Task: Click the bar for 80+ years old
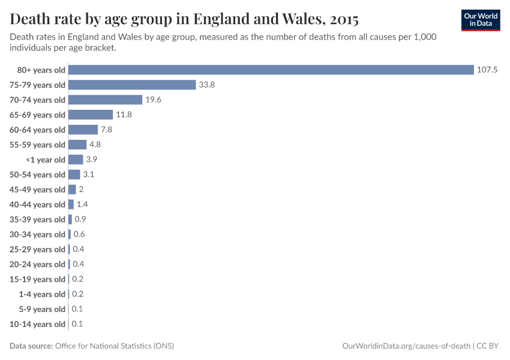point(271,70)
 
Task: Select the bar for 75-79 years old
point(133,85)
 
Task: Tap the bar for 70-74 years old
point(106,100)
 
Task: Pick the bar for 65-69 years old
point(91,115)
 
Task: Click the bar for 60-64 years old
point(83,130)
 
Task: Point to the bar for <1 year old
point(76,160)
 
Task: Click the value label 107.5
point(487,70)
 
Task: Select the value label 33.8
point(206,85)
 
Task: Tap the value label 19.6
point(153,100)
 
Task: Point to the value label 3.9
point(91,160)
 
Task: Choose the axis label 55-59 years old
point(37,145)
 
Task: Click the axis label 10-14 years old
point(37,324)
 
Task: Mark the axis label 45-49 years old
point(37,190)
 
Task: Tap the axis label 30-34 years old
point(37,235)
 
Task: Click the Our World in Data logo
point(481,19)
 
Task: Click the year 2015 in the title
point(344,19)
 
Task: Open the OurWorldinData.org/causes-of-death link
point(406,346)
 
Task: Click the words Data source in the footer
point(31,346)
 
